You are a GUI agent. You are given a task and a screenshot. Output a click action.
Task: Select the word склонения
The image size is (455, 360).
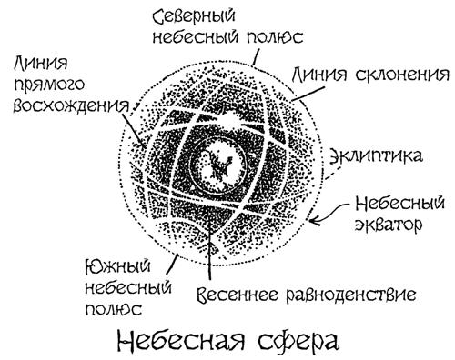coord(401,74)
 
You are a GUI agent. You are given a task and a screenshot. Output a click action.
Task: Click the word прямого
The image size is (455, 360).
coord(48,85)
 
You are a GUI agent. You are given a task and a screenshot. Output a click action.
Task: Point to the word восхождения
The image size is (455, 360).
coord(72,106)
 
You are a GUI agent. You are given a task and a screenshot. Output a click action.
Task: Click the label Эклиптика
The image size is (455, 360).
coord(376,156)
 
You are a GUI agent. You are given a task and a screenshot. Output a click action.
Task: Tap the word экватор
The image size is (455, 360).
coord(389,225)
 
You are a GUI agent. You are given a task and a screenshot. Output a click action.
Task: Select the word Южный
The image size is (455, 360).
coord(118,267)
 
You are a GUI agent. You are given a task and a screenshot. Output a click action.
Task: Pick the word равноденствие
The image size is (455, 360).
coord(351,295)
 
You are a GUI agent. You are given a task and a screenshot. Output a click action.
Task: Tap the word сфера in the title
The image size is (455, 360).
coord(298,343)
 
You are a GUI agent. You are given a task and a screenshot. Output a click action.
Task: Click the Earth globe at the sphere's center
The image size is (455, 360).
coord(217,165)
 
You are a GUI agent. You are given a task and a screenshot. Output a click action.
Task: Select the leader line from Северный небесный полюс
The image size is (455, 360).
coord(256,57)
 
